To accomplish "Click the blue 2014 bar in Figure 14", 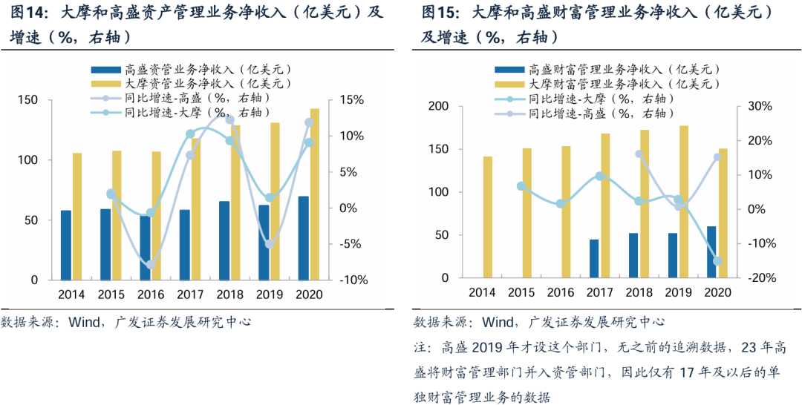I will [66, 246].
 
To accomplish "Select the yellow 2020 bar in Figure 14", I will [315, 194].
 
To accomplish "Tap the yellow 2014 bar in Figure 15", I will [488, 217].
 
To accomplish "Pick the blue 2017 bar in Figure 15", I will [594, 259].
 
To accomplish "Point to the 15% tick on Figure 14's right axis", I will [351, 100].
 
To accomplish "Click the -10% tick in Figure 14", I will [353, 280].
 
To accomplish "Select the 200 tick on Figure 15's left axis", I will [438, 107].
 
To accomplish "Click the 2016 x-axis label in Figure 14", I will [151, 294].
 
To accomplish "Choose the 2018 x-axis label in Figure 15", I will [639, 292].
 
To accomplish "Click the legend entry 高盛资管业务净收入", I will [197, 68].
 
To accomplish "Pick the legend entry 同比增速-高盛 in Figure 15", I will [601, 114].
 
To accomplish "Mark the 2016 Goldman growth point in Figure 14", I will [151, 265].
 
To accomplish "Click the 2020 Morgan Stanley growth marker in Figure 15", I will [718, 261].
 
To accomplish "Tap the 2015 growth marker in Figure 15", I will [521, 186].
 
